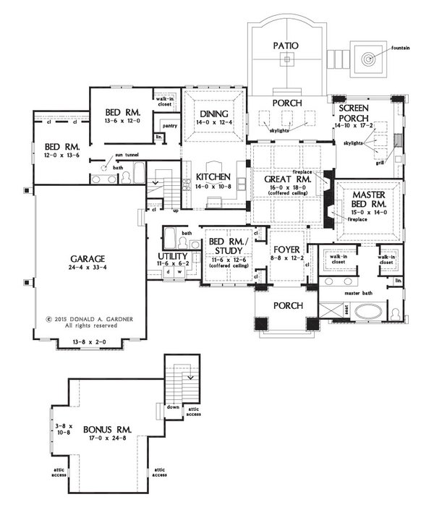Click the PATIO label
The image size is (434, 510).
[286, 46]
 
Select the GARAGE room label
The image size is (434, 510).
[88, 258]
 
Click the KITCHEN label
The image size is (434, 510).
[213, 177]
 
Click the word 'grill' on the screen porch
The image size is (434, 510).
[380, 163]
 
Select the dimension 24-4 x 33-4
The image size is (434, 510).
[88, 268]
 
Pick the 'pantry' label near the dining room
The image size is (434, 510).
[170, 125]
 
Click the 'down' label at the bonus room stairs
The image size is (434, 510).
[172, 407]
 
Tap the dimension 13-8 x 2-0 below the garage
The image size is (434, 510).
[88, 341]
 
